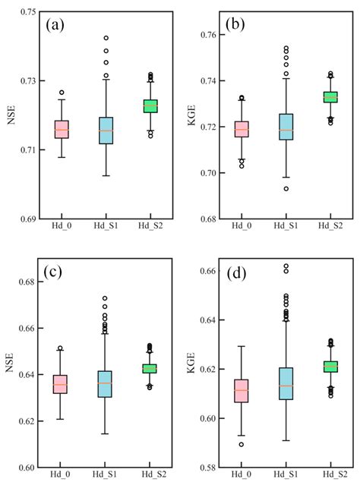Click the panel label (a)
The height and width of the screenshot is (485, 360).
click(x=58, y=24)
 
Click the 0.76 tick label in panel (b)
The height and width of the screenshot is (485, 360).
click(x=205, y=35)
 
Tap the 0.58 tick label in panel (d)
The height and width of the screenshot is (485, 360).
click(x=205, y=468)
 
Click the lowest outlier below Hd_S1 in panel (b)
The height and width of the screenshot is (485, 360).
click(x=243, y=188)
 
